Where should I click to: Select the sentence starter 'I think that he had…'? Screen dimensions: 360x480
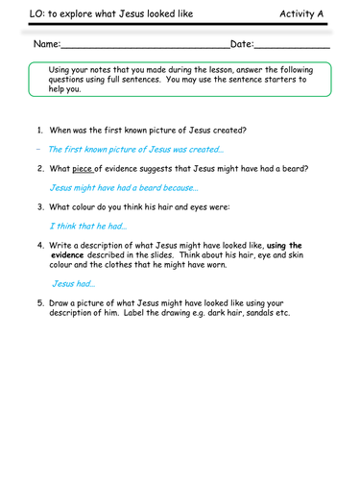(x=88, y=227)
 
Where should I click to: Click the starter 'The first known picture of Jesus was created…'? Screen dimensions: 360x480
(x=135, y=149)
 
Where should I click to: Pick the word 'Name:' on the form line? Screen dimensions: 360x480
(x=47, y=45)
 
